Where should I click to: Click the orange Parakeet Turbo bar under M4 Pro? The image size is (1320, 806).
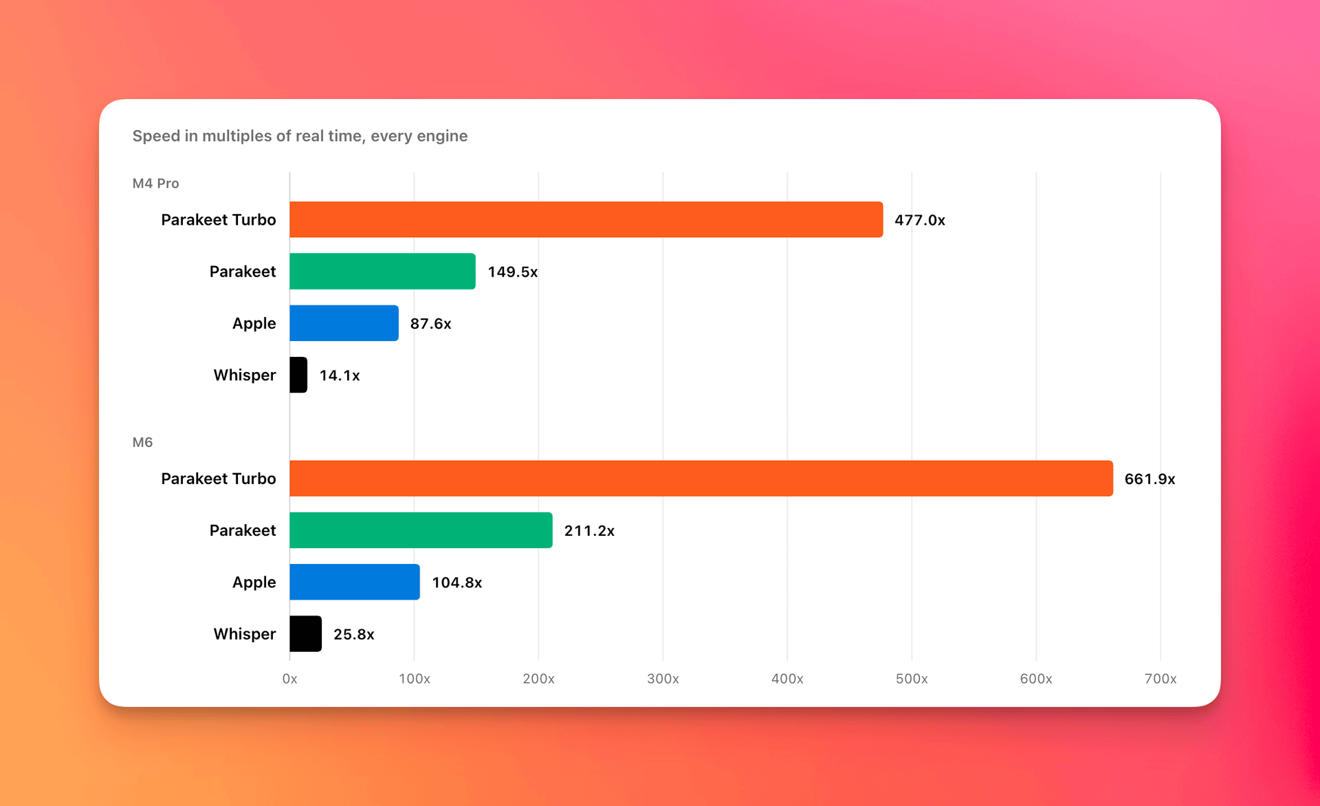[x=586, y=219]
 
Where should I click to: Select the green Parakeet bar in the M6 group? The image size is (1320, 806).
[x=421, y=530]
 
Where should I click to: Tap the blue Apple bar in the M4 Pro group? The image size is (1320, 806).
[x=344, y=323]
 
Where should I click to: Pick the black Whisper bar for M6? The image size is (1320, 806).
[x=305, y=633]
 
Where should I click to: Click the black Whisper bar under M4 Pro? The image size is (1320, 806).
[x=298, y=375]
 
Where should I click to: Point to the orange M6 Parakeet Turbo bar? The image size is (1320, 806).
[x=701, y=479]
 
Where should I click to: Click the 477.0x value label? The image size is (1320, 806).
[x=920, y=220]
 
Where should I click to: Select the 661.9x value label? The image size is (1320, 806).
[x=1149, y=479]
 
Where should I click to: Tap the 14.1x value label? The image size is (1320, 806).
[x=340, y=375]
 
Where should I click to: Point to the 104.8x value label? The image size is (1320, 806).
[x=457, y=582]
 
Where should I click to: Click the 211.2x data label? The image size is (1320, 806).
[x=589, y=531]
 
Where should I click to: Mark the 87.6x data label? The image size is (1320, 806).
[x=430, y=324]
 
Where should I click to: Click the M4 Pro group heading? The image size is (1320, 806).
[x=155, y=184]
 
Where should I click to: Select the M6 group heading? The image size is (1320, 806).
[x=142, y=442]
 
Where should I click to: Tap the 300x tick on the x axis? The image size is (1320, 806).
[x=663, y=679]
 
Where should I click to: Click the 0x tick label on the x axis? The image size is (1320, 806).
[x=289, y=679]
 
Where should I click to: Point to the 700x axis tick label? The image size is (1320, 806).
[x=1160, y=679]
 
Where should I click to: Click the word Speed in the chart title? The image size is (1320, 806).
[x=156, y=136]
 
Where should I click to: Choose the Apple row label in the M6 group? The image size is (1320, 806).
[x=254, y=582]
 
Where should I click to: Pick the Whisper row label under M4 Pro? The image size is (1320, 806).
[x=244, y=375]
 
